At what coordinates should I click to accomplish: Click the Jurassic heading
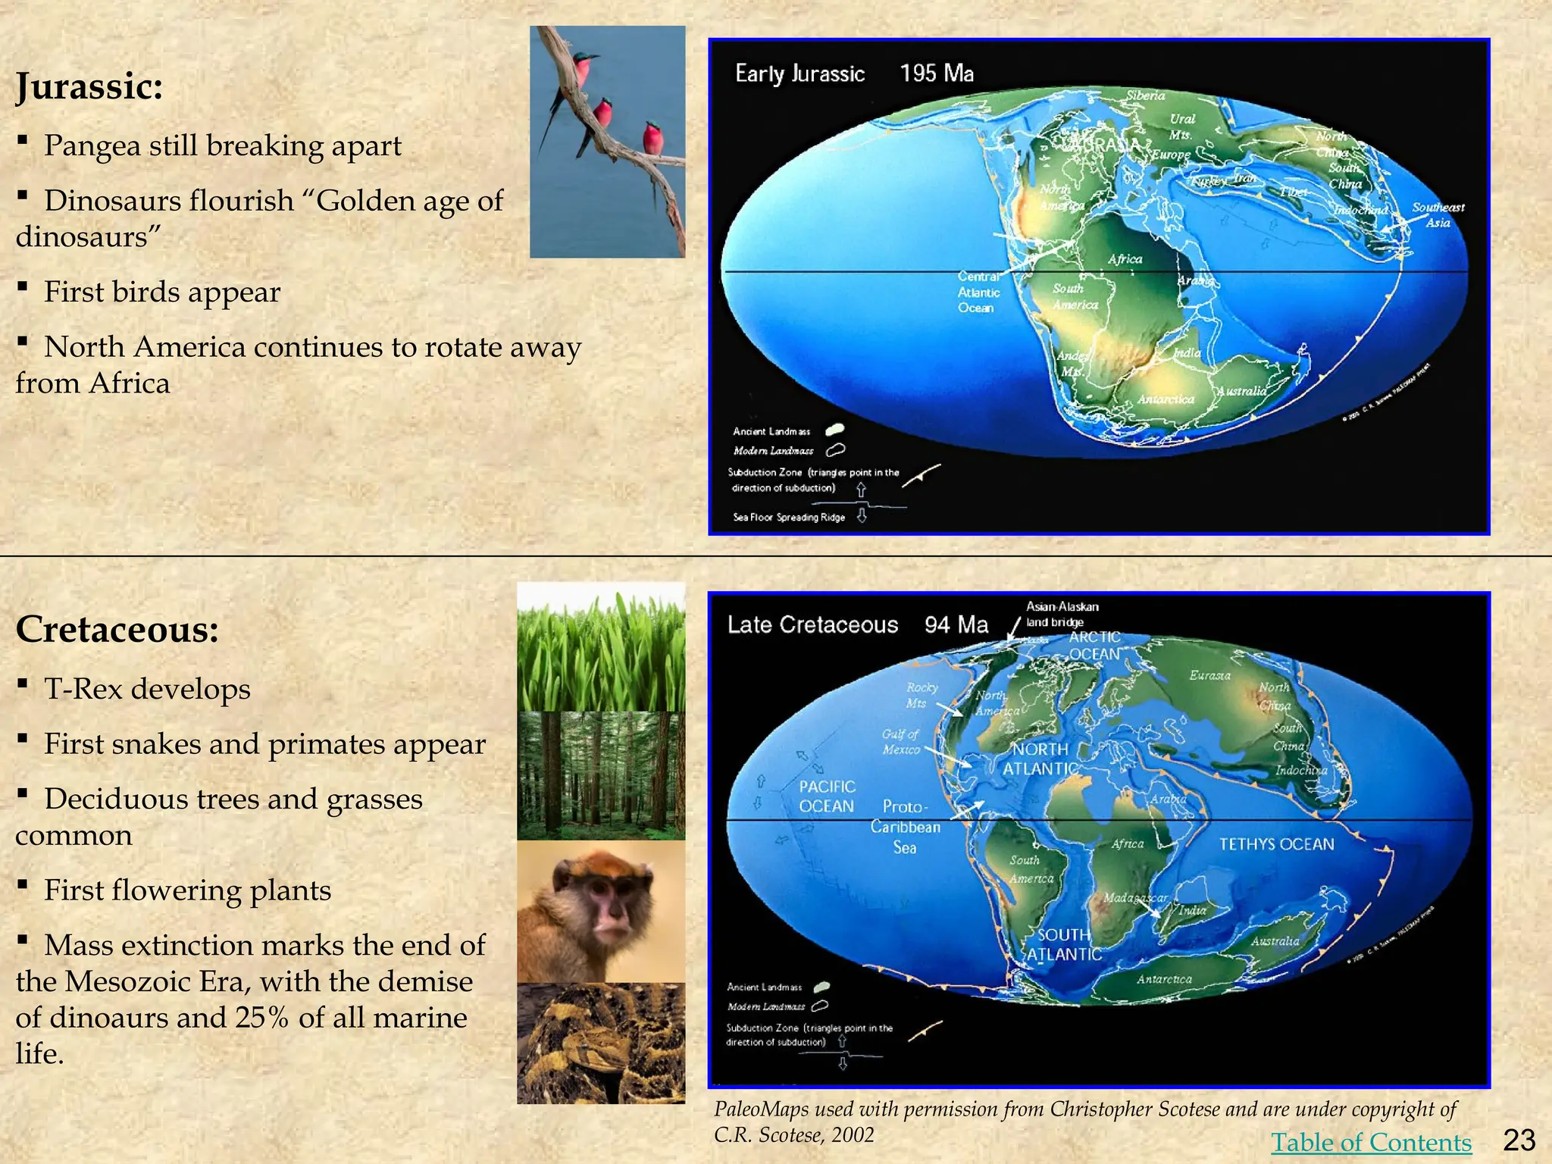pyautogui.click(x=89, y=86)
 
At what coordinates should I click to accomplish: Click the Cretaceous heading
pyautogui.click(x=117, y=629)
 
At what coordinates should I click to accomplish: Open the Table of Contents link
pyautogui.click(x=1371, y=1141)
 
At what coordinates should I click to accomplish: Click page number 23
pyautogui.click(x=1519, y=1140)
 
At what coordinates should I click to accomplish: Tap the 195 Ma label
pyautogui.click(x=937, y=74)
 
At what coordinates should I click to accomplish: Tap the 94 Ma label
pyautogui.click(x=956, y=624)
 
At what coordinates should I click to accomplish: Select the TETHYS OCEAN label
pyautogui.click(x=1276, y=844)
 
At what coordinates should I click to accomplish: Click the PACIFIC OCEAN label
pyautogui.click(x=827, y=796)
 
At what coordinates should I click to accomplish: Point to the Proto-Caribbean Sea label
pyautogui.click(x=905, y=827)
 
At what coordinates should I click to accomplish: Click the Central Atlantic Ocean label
pyautogui.click(x=978, y=293)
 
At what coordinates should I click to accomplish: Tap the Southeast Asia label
pyautogui.click(x=1438, y=214)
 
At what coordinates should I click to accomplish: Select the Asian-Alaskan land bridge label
pyautogui.click(x=1061, y=614)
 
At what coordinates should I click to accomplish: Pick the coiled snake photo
pyautogui.click(x=601, y=1044)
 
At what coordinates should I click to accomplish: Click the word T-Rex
pyautogui.click(x=83, y=689)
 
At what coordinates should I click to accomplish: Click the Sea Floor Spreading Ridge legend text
pyautogui.click(x=789, y=518)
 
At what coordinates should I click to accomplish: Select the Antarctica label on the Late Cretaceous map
pyautogui.click(x=1164, y=979)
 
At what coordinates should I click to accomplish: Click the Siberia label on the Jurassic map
pyautogui.click(x=1145, y=95)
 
